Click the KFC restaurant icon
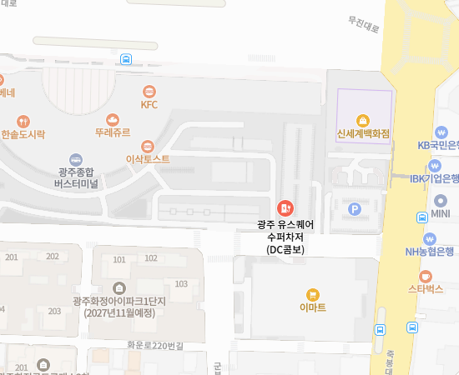tap(149, 91)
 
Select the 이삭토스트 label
tap(148, 158)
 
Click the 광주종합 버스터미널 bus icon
tap(76, 158)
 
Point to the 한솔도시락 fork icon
tap(23, 120)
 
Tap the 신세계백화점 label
tap(363, 133)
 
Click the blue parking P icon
tap(355, 209)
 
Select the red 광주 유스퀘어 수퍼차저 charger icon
tap(285, 207)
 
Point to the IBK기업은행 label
tap(434, 178)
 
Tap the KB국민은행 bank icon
tap(441, 132)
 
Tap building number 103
tap(181, 284)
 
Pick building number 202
tap(53, 257)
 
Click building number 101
tap(119, 259)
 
